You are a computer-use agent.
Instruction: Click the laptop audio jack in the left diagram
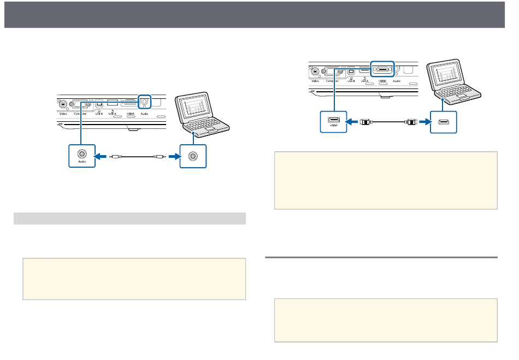[x=192, y=156]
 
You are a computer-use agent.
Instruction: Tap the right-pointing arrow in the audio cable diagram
[x=173, y=156]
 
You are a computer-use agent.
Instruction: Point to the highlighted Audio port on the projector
[x=144, y=101]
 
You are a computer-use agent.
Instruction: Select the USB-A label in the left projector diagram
[x=113, y=114]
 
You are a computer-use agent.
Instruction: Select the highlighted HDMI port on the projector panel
[x=383, y=69]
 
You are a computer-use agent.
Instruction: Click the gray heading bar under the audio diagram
[x=129, y=219]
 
